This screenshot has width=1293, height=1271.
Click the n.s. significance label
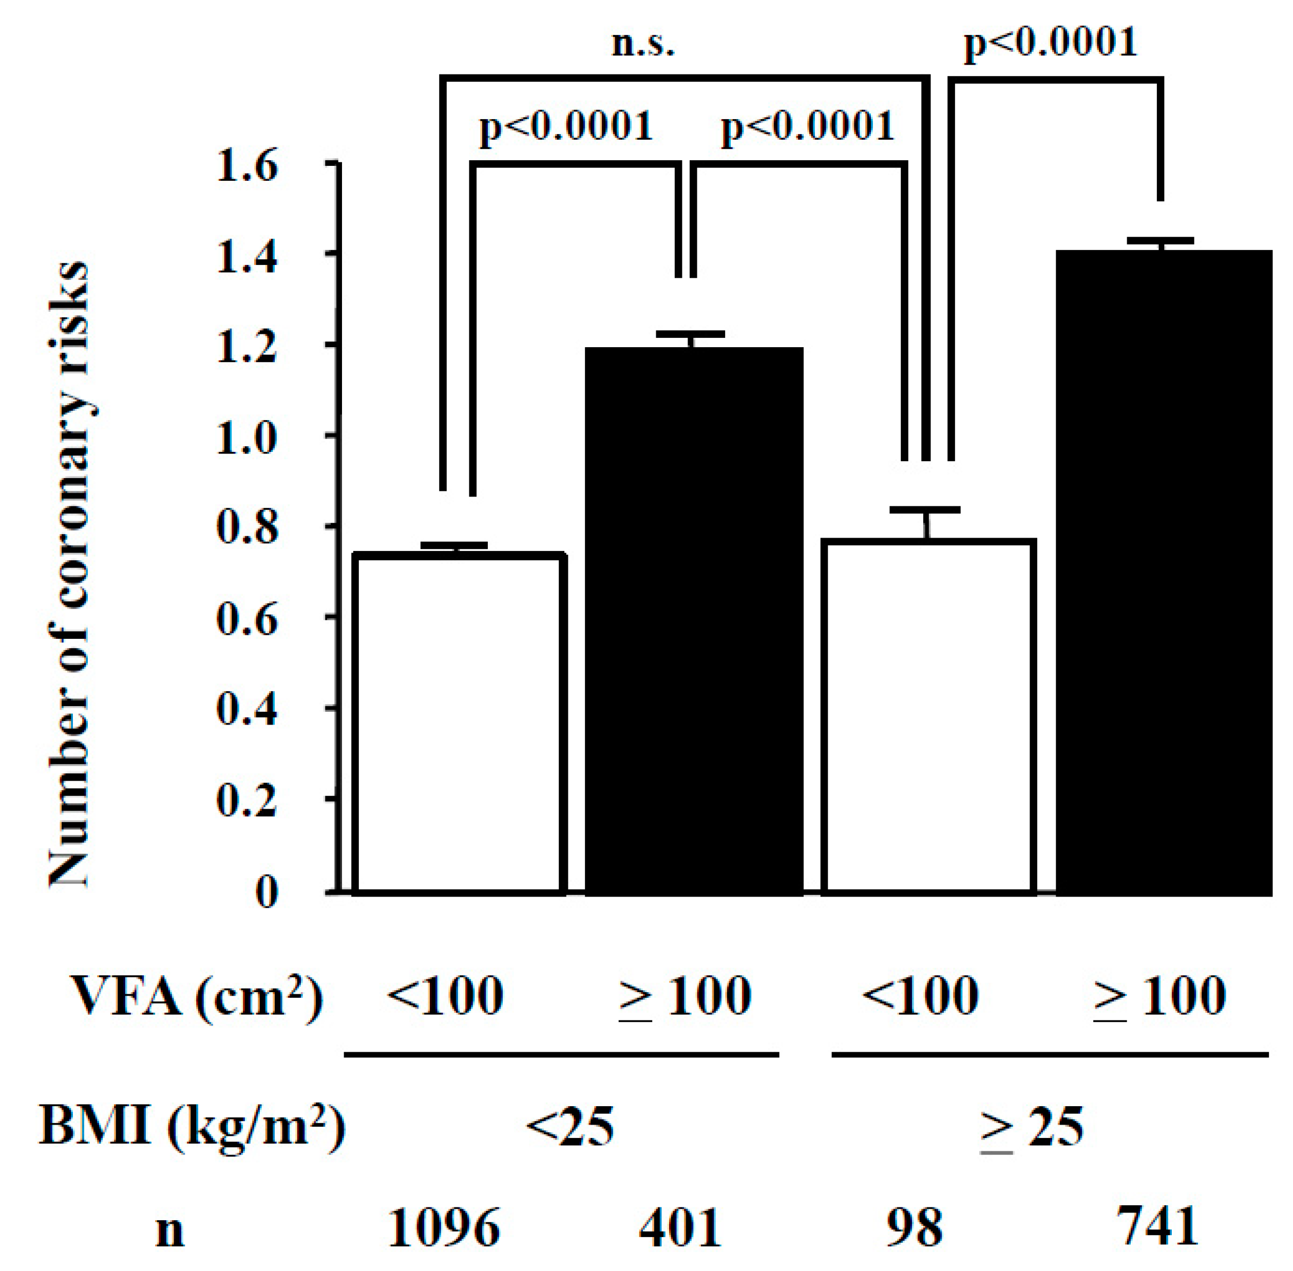(643, 45)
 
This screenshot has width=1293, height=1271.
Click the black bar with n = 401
(694, 621)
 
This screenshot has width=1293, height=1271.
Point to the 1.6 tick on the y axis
(246, 165)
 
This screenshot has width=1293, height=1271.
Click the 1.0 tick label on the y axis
(246, 438)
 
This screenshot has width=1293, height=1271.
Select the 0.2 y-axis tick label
(246, 801)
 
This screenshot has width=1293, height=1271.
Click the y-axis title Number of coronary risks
(68, 574)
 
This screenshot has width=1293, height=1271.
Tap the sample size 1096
(443, 1228)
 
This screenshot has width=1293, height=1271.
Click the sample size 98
(915, 1228)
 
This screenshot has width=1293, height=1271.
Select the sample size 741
(1157, 1227)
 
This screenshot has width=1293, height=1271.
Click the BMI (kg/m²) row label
(192, 1128)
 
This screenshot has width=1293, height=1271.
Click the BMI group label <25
(569, 1128)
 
